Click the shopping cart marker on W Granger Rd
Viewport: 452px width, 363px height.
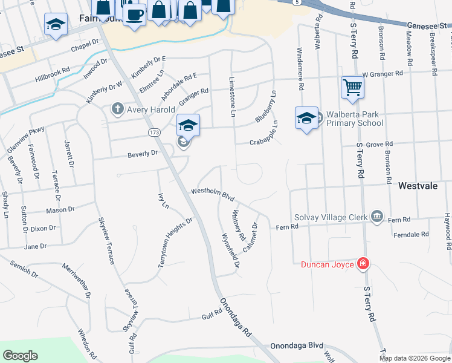pos(352,87)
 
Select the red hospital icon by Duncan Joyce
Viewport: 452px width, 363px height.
pos(363,264)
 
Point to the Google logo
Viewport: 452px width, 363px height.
pos(21,356)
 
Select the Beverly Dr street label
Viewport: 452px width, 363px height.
pos(142,154)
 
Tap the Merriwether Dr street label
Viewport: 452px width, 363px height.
pos(78,278)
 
